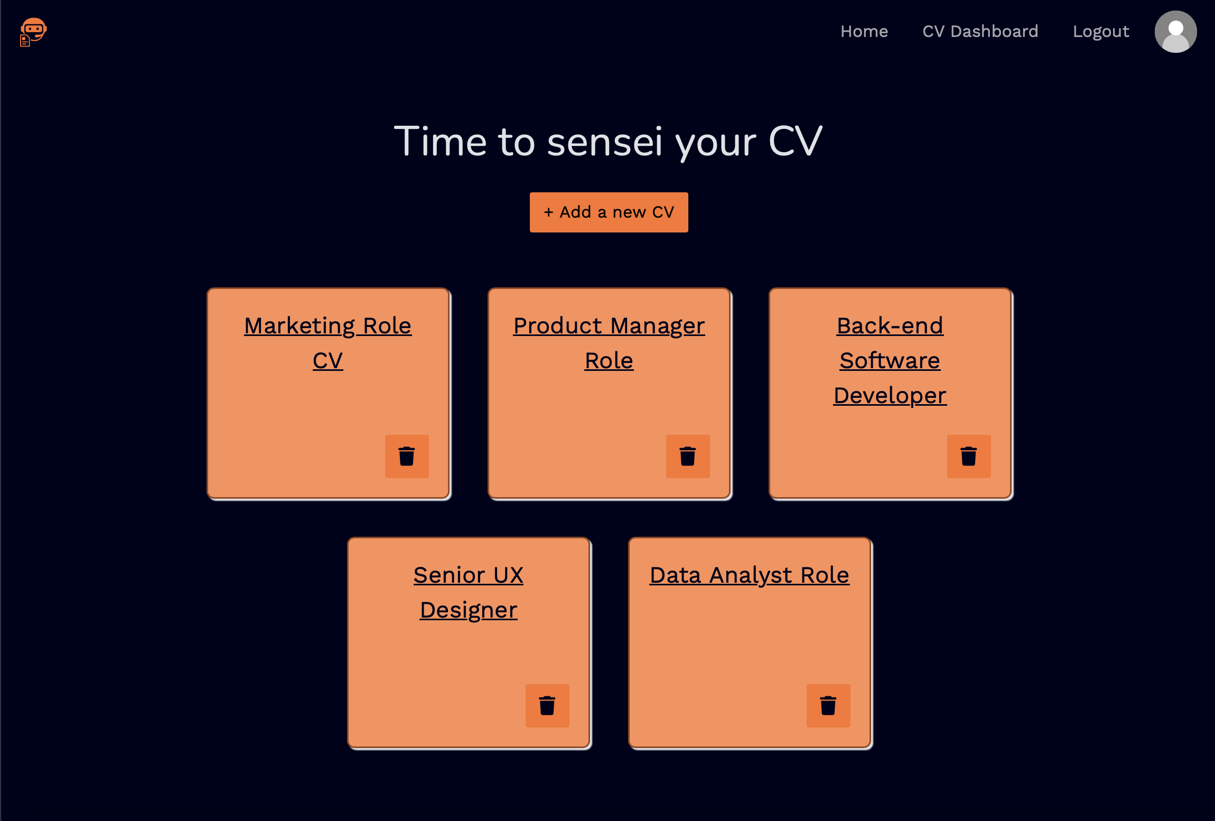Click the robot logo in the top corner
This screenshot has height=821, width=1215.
click(33, 32)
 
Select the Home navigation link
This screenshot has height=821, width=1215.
click(864, 32)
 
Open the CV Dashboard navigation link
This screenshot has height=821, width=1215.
click(980, 32)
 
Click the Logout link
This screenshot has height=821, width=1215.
click(1100, 32)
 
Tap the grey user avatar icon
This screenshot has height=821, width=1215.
click(1175, 32)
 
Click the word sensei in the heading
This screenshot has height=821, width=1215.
click(604, 142)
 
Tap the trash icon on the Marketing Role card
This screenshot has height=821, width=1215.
click(406, 456)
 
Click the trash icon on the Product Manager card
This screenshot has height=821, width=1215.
click(687, 456)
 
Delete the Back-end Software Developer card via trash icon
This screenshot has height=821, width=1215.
click(968, 456)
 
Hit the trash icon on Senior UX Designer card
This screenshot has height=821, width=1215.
click(547, 705)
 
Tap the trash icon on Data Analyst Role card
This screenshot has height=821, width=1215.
click(828, 705)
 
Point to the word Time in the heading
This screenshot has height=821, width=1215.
click(440, 142)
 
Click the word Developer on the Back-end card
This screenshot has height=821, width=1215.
click(890, 395)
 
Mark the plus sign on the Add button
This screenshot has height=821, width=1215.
click(548, 212)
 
